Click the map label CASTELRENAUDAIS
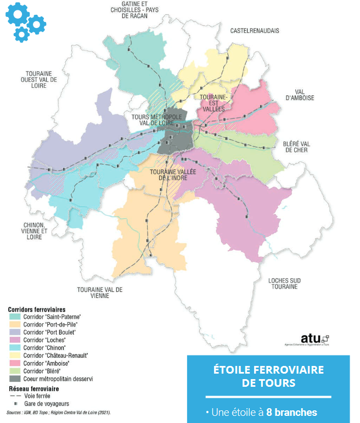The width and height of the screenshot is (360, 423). click(x=255, y=31)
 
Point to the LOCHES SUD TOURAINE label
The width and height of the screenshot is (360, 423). click(x=283, y=283)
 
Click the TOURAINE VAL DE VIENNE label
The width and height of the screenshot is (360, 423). click(x=100, y=292)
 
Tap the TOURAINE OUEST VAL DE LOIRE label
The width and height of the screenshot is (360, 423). click(x=41, y=80)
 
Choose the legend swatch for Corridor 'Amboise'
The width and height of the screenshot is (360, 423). click(x=15, y=363)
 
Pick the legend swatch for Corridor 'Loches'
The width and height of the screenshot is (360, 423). click(x=15, y=340)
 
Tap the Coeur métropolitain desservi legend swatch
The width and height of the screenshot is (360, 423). click(x=15, y=379)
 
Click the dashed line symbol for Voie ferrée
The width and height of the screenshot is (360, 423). click(x=15, y=396)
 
